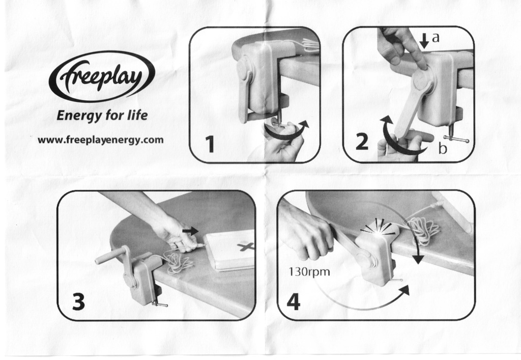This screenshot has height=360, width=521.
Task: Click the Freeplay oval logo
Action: pos(102,76)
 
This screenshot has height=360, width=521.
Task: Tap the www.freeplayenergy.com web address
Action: pos(100,140)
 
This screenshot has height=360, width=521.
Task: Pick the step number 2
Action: pos(362,141)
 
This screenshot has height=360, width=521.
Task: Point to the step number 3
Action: pos(78,302)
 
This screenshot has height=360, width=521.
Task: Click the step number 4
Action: pos(293,302)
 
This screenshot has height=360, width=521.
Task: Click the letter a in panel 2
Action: pos(436,38)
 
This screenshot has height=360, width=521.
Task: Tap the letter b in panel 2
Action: pos(442,148)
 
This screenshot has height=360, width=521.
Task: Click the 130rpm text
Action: pos(309,272)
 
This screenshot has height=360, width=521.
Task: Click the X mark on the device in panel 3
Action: pos(246,246)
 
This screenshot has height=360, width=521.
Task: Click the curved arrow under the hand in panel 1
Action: pos(286,132)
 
